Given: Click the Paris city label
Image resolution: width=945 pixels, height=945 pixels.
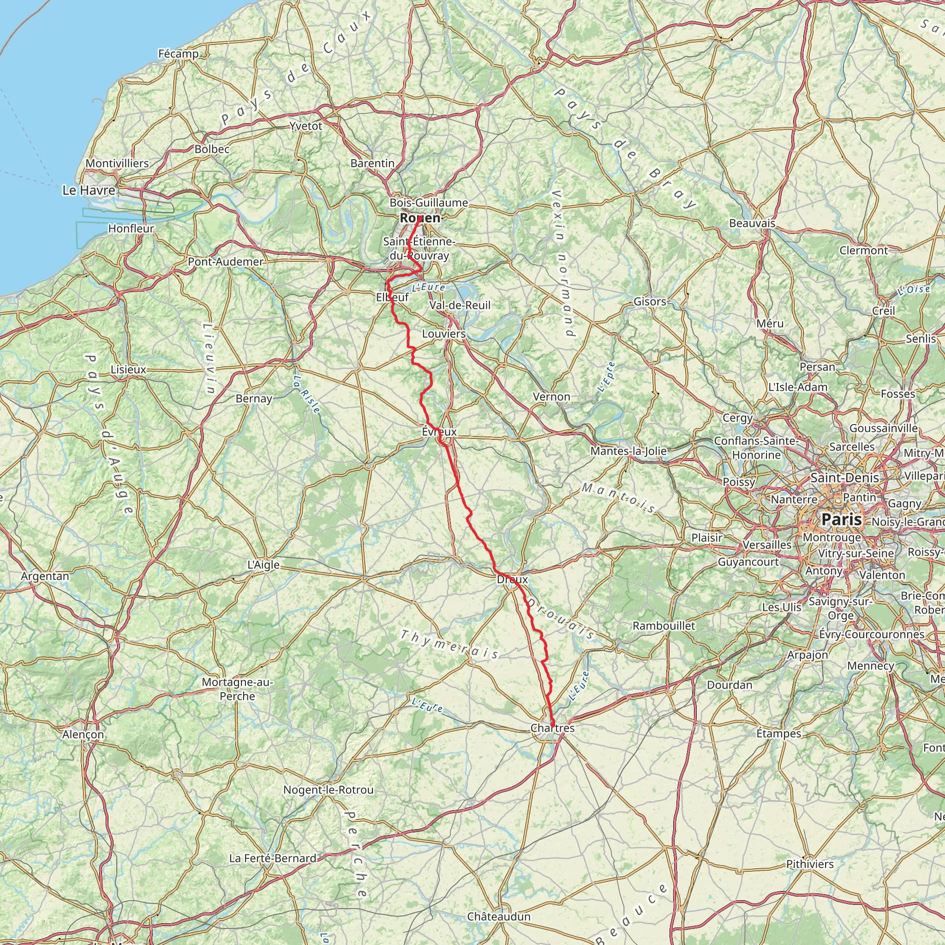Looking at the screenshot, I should (x=841, y=519).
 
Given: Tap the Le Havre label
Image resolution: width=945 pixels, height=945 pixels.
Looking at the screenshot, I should (x=89, y=190).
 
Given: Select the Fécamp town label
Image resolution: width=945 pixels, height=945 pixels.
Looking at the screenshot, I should (x=179, y=54).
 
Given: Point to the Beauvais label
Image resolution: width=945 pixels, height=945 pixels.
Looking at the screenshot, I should (x=752, y=223).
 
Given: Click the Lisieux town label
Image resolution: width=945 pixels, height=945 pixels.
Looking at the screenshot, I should (x=129, y=369).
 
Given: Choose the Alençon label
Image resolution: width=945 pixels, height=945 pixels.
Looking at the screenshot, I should (x=83, y=735).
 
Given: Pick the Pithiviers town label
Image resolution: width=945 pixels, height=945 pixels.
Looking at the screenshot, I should (x=810, y=864).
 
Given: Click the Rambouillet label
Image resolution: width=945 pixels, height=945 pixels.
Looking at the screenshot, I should (x=664, y=626).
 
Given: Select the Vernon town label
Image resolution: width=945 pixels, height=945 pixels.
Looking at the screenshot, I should (x=552, y=397).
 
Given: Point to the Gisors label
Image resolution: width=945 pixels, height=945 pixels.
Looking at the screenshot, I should (x=650, y=302).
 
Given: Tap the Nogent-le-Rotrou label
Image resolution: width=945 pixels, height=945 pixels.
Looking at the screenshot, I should (x=329, y=790).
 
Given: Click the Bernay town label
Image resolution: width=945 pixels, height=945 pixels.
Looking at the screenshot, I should (x=254, y=399).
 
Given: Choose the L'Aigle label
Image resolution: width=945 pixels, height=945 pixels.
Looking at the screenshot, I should (x=263, y=565).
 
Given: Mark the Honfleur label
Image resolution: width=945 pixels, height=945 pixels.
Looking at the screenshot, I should (x=131, y=228).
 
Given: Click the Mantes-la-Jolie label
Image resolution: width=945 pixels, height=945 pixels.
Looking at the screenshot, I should (x=628, y=451).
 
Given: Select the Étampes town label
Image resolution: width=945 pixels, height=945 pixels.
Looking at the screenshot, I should (x=779, y=734).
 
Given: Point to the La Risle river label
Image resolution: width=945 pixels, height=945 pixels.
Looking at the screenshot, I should (x=307, y=394).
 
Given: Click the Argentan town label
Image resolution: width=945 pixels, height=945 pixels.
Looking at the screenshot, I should (x=45, y=576).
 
